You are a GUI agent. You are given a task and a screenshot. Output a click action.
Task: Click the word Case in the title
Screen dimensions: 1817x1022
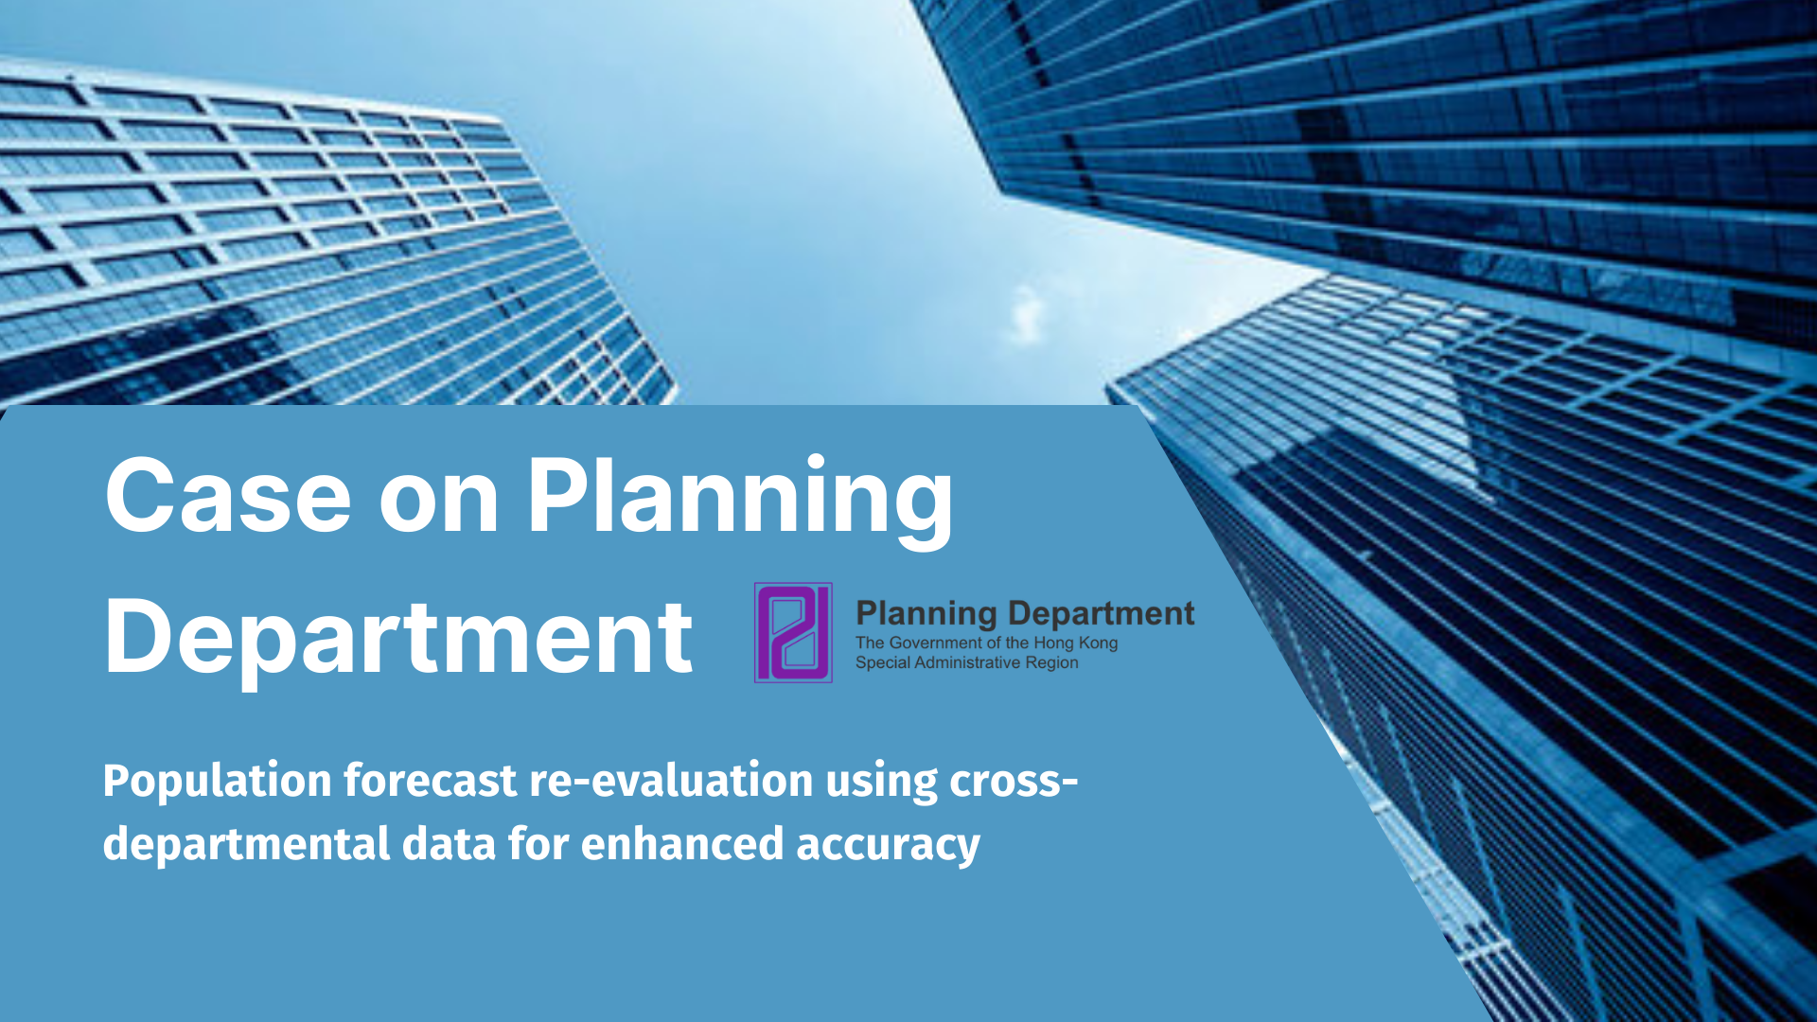pos(228,496)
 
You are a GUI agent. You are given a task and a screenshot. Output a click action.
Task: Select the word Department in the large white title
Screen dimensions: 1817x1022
pos(398,639)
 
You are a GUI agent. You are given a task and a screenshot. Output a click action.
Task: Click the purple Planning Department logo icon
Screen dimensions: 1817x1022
pos(793,632)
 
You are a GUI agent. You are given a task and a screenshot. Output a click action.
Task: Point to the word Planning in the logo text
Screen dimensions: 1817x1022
pos(926,614)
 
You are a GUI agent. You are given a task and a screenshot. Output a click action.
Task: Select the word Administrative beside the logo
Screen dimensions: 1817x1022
pos(967,662)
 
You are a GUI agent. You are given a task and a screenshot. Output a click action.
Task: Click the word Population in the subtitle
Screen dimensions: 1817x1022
pos(218,783)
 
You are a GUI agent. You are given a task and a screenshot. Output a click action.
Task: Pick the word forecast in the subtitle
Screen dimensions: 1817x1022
pos(431,781)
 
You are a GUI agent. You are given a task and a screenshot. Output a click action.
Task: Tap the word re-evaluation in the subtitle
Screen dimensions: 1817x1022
pos(671,781)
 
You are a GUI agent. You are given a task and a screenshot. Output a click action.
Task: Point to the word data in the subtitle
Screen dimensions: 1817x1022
pos(449,844)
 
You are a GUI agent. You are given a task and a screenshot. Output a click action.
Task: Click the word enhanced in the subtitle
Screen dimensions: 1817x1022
pos(682,843)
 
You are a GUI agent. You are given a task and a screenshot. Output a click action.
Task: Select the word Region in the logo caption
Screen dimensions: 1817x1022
pos(1051,663)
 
